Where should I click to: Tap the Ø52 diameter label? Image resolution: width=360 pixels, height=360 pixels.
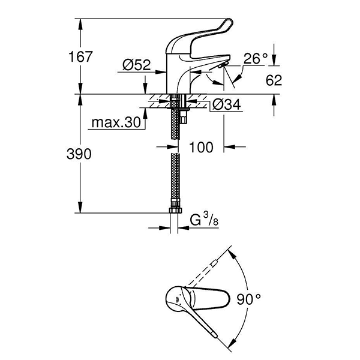(x=137, y=66)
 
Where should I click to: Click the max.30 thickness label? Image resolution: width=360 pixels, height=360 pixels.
(x=115, y=123)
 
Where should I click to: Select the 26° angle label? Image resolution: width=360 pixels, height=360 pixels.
(x=255, y=58)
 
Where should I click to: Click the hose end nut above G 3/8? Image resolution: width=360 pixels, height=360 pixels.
(x=175, y=211)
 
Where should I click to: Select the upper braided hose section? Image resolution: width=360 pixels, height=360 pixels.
(x=175, y=120)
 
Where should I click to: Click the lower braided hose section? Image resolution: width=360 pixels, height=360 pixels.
(x=175, y=180)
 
